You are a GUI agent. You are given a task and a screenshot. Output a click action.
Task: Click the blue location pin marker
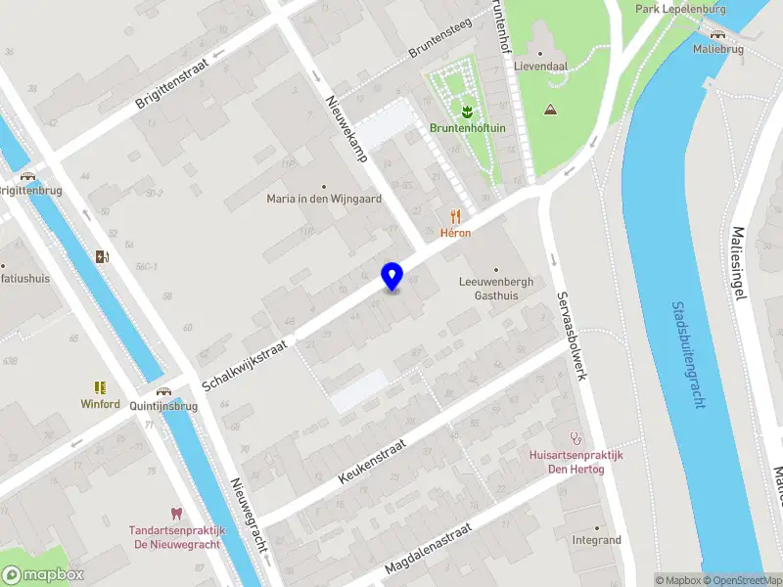pyautogui.click(x=392, y=276)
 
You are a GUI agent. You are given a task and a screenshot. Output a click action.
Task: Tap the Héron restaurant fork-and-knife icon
pyautogui.click(x=455, y=216)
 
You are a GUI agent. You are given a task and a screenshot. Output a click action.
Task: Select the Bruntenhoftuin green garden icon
pyautogui.click(x=466, y=110)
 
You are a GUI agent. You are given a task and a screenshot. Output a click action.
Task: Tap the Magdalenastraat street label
pyautogui.click(x=428, y=554)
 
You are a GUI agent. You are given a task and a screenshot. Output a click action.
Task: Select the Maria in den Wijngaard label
pyautogui.click(x=324, y=198)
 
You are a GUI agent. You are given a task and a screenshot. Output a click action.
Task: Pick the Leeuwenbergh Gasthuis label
pyautogui.click(x=496, y=288)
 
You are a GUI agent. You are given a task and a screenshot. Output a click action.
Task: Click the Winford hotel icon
pyautogui.click(x=100, y=387)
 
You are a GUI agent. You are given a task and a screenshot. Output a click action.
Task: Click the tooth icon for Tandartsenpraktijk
pyautogui.click(x=177, y=514)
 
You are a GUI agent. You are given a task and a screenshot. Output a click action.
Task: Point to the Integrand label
pyautogui.click(x=596, y=540)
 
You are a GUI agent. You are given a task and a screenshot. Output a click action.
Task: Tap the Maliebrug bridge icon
pyautogui.click(x=717, y=34)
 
